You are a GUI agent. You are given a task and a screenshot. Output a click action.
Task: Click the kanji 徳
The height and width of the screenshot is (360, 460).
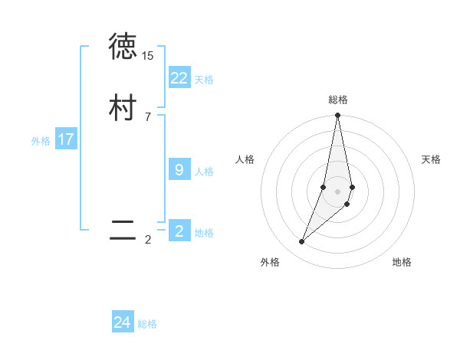coord(123,47)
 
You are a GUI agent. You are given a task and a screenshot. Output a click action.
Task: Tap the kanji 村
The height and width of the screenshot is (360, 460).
coord(123,108)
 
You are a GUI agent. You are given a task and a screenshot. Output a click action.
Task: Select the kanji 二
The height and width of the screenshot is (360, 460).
coord(123,231)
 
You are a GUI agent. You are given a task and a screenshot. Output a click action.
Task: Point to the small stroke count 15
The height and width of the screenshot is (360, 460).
coord(147,56)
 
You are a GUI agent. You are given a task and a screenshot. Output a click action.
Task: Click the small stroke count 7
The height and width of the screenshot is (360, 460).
coord(147,117)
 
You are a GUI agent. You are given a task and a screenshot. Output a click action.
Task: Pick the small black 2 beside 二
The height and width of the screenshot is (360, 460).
coord(147,240)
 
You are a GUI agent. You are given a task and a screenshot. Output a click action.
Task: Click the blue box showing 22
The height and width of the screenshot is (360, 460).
coord(179,78)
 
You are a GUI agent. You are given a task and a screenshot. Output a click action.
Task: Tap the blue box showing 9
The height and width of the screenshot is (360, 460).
coord(179,170)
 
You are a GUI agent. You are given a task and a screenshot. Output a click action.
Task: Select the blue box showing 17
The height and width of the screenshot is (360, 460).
coord(66,139)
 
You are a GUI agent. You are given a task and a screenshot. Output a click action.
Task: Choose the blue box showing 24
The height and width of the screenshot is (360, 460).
coord(123,322)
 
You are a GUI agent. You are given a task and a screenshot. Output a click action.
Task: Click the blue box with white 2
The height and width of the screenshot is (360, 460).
coord(179,231)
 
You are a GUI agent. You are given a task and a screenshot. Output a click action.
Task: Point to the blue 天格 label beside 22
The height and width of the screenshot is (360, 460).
coord(204,80)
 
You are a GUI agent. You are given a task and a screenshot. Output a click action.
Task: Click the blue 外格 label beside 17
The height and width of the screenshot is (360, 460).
coord(41,141)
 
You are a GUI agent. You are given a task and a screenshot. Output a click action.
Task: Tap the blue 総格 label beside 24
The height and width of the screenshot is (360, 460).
coord(147,324)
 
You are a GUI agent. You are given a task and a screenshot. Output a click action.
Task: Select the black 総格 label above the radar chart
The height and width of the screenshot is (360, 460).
coord(338,100)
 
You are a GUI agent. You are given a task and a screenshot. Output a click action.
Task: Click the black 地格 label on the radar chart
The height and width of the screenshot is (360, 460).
coord(402,262)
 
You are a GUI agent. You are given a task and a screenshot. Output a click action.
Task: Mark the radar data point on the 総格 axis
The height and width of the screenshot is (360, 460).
coord(338,116)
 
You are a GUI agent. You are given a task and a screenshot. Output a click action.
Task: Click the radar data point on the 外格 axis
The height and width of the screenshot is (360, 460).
coord(301,242)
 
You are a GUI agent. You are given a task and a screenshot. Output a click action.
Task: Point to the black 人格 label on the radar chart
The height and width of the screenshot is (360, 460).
coord(245,159)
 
